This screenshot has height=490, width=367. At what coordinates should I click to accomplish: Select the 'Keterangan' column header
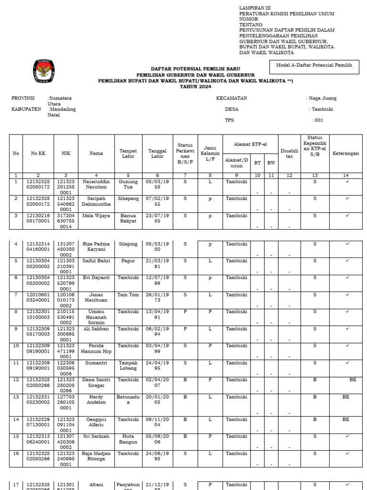click(345, 154)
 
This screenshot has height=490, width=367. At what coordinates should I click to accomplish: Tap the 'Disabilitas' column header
click(289, 154)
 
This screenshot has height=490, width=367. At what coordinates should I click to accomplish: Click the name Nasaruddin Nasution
click(96, 185)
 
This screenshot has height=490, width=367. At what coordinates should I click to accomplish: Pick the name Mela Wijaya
click(96, 216)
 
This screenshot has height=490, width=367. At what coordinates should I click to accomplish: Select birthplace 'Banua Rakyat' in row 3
click(128, 219)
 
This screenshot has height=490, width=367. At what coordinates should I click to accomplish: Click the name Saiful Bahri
click(96, 261)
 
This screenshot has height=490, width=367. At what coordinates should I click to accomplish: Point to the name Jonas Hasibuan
click(96, 298)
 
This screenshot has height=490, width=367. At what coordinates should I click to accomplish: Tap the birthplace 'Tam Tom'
click(128, 295)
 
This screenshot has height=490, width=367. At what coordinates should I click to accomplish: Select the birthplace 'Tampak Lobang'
click(128, 365)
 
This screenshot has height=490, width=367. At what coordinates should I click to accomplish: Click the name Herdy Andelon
click(96, 400)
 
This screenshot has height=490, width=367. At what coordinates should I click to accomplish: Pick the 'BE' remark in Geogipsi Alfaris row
click(345, 419)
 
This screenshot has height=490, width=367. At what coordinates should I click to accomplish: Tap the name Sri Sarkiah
click(96, 436)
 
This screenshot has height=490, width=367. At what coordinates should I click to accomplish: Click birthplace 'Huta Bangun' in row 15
click(128, 439)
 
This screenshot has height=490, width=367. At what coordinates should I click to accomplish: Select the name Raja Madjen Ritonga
click(96, 456)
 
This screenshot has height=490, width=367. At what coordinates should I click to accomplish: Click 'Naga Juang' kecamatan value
click(323, 98)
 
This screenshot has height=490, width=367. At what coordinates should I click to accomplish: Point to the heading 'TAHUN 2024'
click(195, 87)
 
